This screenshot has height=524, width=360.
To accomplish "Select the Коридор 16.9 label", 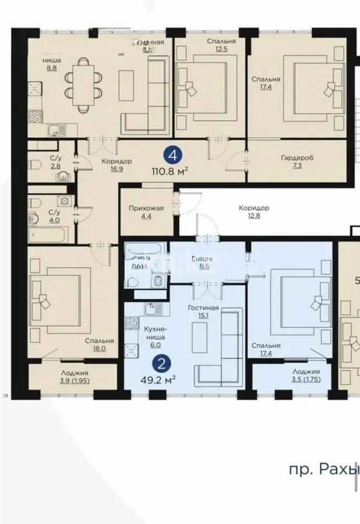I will point(117,166).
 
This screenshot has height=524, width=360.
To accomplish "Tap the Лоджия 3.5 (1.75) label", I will point(305,376).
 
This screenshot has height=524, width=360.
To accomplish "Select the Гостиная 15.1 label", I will point(203,312).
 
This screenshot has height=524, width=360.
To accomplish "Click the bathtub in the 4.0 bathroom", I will point(48,235).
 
